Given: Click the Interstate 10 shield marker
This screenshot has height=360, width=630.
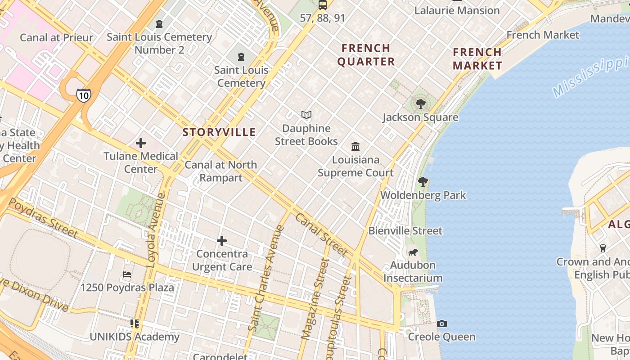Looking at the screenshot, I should pyautogui.click(x=83, y=94).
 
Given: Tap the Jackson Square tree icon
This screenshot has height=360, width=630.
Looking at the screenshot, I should pyautogui.click(x=420, y=104).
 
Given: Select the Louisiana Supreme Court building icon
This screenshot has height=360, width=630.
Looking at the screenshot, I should pyautogui.click(x=355, y=146).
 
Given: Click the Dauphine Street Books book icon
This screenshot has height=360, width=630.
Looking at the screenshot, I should pyautogui.click(x=306, y=115).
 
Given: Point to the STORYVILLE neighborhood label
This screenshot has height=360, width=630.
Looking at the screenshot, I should pyautogui.click(x=219, y=132).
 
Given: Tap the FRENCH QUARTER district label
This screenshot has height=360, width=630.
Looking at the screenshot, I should pyautogui.click(x=366, y=55).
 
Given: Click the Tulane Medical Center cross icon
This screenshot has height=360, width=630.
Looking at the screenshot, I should pyautogui.click(x=141, y=143).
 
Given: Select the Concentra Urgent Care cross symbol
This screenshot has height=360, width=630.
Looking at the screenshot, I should pyautogui.click(x=221, y=241).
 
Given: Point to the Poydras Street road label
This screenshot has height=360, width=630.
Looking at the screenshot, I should pyautogui.click(x=43, y=218).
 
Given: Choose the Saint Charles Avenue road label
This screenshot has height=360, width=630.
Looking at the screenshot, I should pyautogui.click(x=266, y=279).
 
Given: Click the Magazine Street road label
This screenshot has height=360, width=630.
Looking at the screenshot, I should pyautogui.click(x=315, y=299).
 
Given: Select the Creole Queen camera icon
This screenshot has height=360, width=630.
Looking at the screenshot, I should pyautogui.click(x=442, y=324).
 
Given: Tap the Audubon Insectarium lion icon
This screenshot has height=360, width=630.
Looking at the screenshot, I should pyautogui.click(x=413, y=252).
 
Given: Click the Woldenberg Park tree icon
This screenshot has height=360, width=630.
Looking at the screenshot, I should pyautogui.click(x=423, y=182).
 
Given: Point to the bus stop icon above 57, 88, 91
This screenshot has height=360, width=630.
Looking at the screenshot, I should pyautogui.click(x=323, y=5).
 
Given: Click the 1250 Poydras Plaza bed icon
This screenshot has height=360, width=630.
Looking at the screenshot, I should pyautogui.click(x=127, y=274).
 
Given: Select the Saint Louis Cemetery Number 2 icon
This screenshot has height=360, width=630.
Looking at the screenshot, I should pyautogui.click(x=159, y=23).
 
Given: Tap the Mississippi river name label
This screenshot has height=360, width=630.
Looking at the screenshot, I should pyautogui.click(x=589, y=76).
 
